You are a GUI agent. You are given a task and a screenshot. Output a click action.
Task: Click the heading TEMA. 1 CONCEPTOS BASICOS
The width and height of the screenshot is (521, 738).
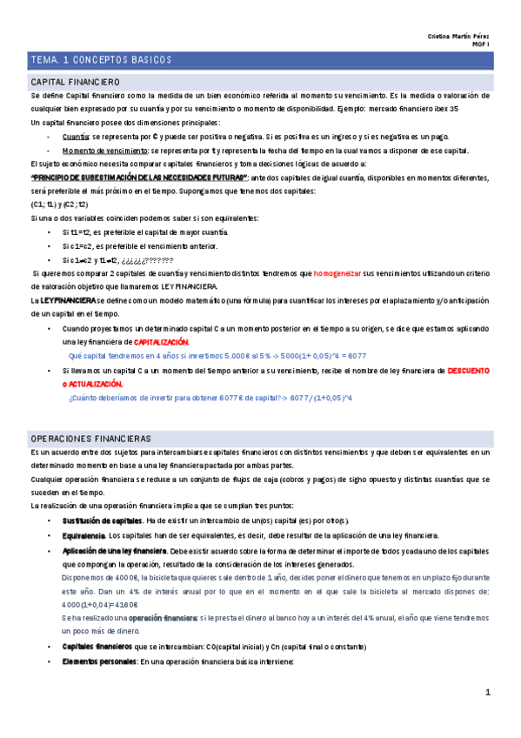tap(101, 59)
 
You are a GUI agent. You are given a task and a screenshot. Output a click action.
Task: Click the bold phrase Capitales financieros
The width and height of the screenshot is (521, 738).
tap(97, 647)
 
